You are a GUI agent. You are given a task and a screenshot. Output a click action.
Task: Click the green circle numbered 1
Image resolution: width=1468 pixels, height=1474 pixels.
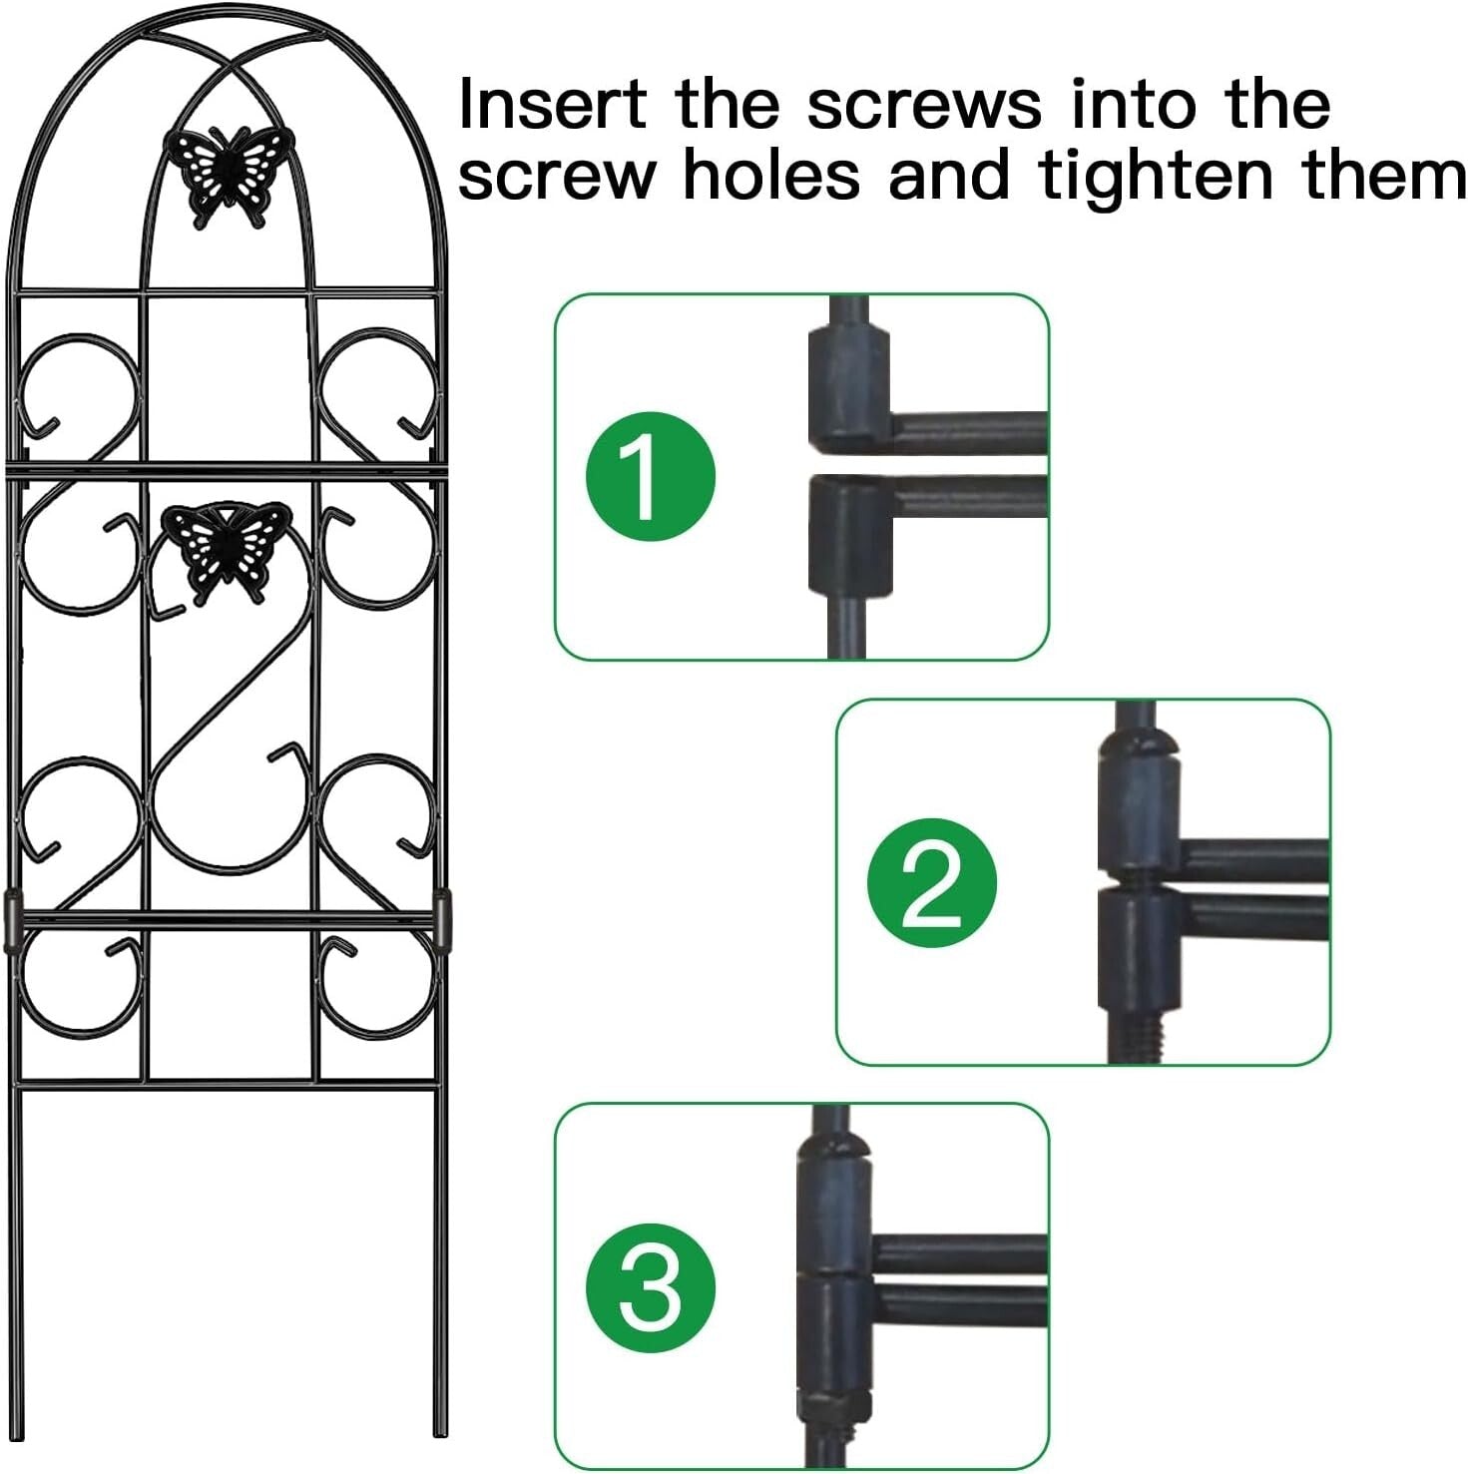(x=650, y=476)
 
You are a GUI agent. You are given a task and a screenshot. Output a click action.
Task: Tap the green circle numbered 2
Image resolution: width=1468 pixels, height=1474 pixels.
(x=931, y=883)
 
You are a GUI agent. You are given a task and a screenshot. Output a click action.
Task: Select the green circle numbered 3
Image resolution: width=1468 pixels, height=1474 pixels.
(x=650, y=1287)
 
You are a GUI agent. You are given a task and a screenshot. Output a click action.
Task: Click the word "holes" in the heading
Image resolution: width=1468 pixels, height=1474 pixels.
(x=770, y=176)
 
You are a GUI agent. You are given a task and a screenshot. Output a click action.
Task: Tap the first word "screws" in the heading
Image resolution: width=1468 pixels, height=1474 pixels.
(x=923, y=106)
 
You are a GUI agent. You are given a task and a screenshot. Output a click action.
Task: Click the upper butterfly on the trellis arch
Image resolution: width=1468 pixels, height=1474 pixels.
(x=229, y=174)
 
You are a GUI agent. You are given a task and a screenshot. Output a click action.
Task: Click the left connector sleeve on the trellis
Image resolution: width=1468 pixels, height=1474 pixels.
(x=12, y=920)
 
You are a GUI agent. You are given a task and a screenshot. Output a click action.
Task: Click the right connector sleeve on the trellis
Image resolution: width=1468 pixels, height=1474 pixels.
(x=441, y=920)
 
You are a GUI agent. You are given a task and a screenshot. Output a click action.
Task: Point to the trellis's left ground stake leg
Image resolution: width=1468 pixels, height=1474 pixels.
(x=17, y=1257)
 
